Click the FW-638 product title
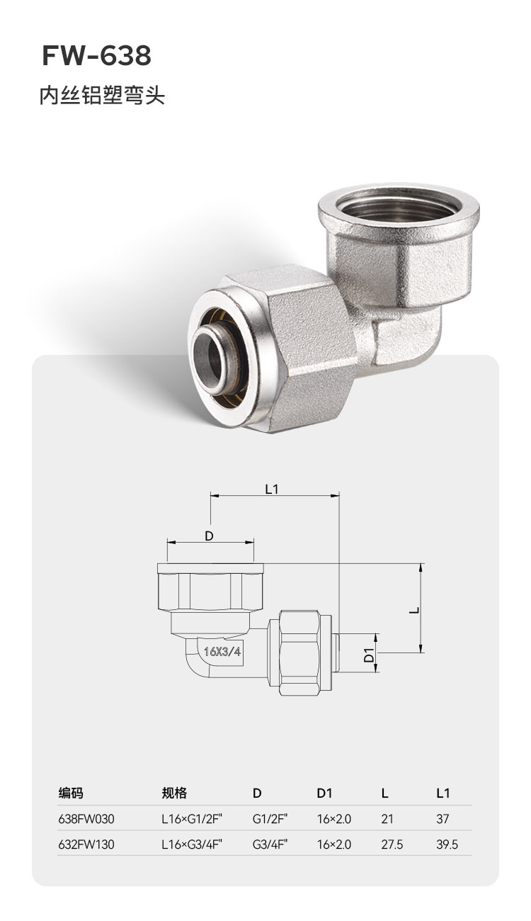click(96, 56)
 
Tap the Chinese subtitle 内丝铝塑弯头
click(102, 96)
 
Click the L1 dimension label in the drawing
click(272, 490)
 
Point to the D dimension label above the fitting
click(209, 536)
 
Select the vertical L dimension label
click(415, 609)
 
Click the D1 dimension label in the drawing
click(370, 655)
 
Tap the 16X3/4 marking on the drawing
click(222, 652)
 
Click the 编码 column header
click(71, 793)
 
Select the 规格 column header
click(174, 793)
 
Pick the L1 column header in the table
click(443, 793)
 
